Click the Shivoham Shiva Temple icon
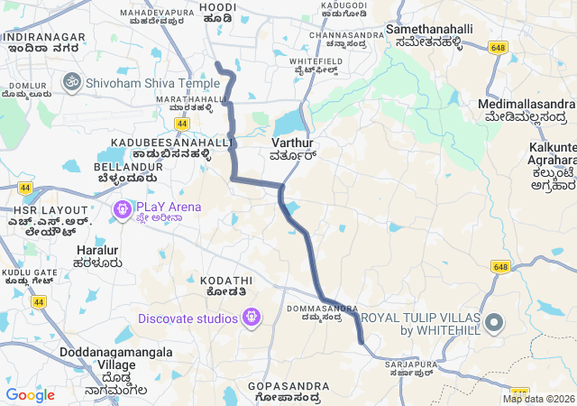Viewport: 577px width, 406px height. [x=70, y=82]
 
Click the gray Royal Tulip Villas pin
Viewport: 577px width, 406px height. [x=494, y=322]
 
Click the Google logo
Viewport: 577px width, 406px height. [x=30, y=394]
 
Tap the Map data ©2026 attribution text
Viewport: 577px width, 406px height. [x=538, y=399]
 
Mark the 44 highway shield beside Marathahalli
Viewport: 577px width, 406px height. [x=182, y=123]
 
